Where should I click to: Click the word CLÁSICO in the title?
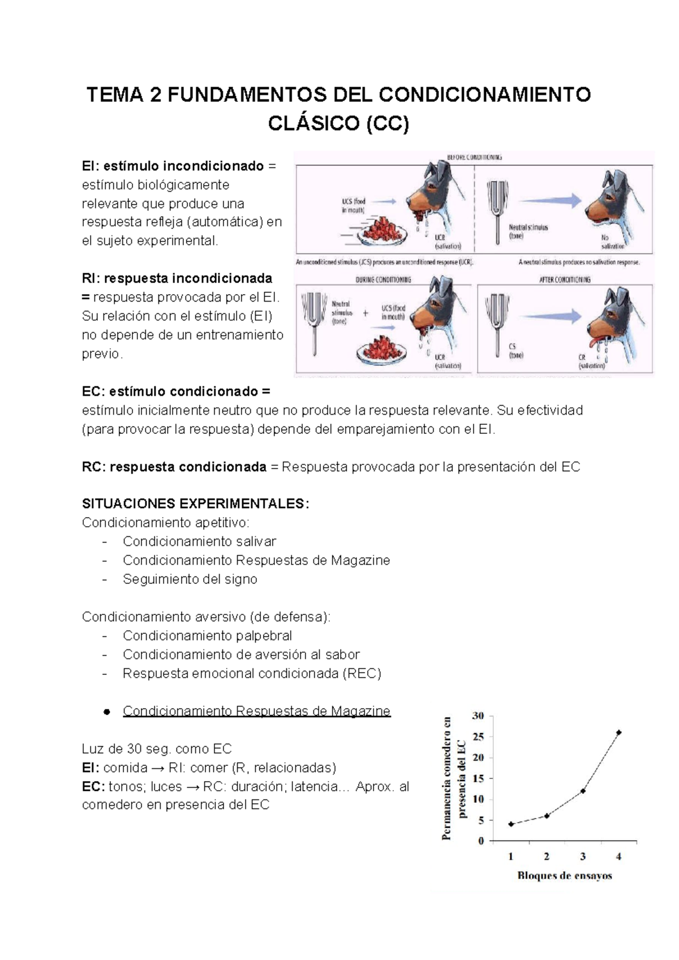tap(313, 123)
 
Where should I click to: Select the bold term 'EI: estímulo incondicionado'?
tap(173, 166)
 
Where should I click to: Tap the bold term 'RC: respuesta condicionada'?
tap(174, 467)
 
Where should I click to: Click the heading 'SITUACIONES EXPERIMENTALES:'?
tap(195, 503)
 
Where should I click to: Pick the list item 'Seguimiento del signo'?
tap(190, 579)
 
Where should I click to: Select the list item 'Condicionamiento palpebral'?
tap(207, 635)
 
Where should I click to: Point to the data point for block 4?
tap(618, 732)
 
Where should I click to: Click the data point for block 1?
tap(511, 824)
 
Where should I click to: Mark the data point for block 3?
tap(583, 791)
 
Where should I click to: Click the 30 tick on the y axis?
tap(478, 716)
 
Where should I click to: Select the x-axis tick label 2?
tap(547, 856)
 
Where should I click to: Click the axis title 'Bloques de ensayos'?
tap(564, 876)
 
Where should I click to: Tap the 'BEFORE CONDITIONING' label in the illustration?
tap(474, 157)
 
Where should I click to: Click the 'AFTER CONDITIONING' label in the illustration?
tap(564, 279)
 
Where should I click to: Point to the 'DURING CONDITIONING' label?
tap(383, 279)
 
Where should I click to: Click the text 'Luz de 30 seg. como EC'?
tap(157, 748)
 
